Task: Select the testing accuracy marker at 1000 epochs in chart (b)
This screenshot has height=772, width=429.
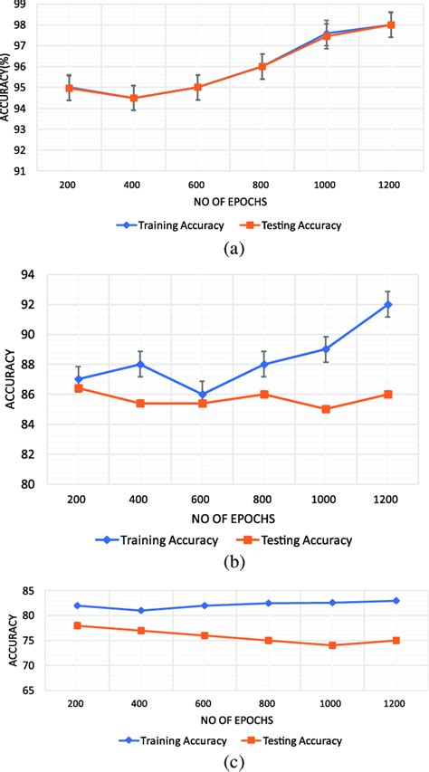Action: click(326, 409)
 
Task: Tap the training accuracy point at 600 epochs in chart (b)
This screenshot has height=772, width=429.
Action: click(202, 395)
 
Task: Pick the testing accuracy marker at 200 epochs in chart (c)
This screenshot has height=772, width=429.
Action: click(77, 625)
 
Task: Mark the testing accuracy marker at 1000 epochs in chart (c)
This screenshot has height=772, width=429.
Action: click(333, 645)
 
